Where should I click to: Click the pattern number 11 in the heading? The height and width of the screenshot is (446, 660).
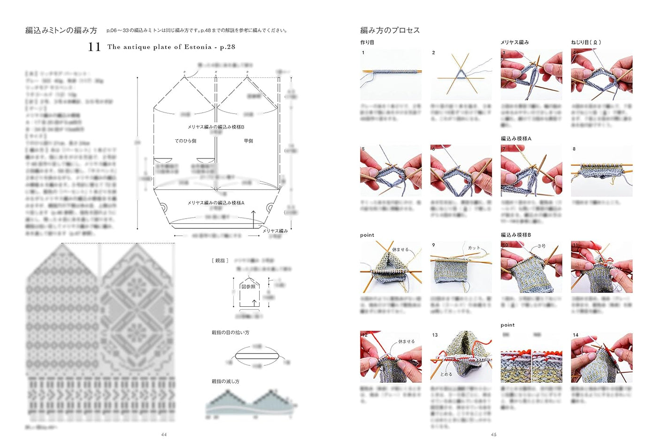pos(94,46)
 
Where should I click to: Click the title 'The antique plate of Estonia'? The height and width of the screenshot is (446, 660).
pos(159,47)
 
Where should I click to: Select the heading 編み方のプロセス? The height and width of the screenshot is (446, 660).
pos(390,30)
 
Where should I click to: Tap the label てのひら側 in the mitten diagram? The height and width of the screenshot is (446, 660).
pos(185,141)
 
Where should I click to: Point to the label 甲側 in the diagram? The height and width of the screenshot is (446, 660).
pos(248,141)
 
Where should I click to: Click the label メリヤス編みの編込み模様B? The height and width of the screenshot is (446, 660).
pos(215,127)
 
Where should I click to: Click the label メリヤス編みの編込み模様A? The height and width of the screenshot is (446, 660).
pos(215,203)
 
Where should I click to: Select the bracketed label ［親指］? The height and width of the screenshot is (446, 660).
pos(220,260)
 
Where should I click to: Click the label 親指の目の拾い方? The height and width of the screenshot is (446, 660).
pos(230,333)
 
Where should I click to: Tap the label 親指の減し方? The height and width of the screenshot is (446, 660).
pos(225,381)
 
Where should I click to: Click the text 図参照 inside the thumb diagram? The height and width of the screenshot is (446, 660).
pos(248,287)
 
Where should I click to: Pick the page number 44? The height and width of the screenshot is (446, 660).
pos(164,435)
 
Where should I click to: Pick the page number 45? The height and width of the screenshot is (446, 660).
pos(493,435)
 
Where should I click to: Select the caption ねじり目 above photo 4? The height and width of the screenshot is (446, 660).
pos(585,42)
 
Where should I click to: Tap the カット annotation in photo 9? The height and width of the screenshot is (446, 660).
pos(474,248)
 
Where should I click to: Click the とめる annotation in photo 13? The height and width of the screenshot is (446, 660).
pos(446,374)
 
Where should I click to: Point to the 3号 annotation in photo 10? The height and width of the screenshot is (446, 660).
pos(541,246)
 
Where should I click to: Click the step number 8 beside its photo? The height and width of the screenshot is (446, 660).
pos(574,149)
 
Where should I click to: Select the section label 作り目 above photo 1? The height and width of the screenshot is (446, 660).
pos(367,42)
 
